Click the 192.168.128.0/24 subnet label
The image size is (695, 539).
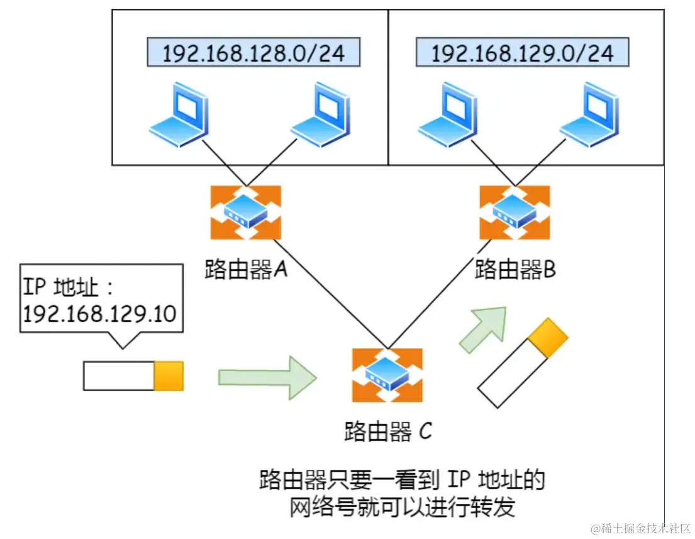click(x=253, y=53)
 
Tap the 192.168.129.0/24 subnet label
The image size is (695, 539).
click(x=522, y=53)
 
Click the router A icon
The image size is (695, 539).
click(x=246, y=212)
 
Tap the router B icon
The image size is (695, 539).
click(x=514, y=212)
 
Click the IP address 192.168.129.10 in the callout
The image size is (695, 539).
click(x=99, y=313)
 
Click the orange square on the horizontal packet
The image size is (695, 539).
click(x=169, y=376)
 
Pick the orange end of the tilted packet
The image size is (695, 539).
click(x=547, y=338)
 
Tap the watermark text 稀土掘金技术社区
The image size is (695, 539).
click(x=642, y=528)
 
